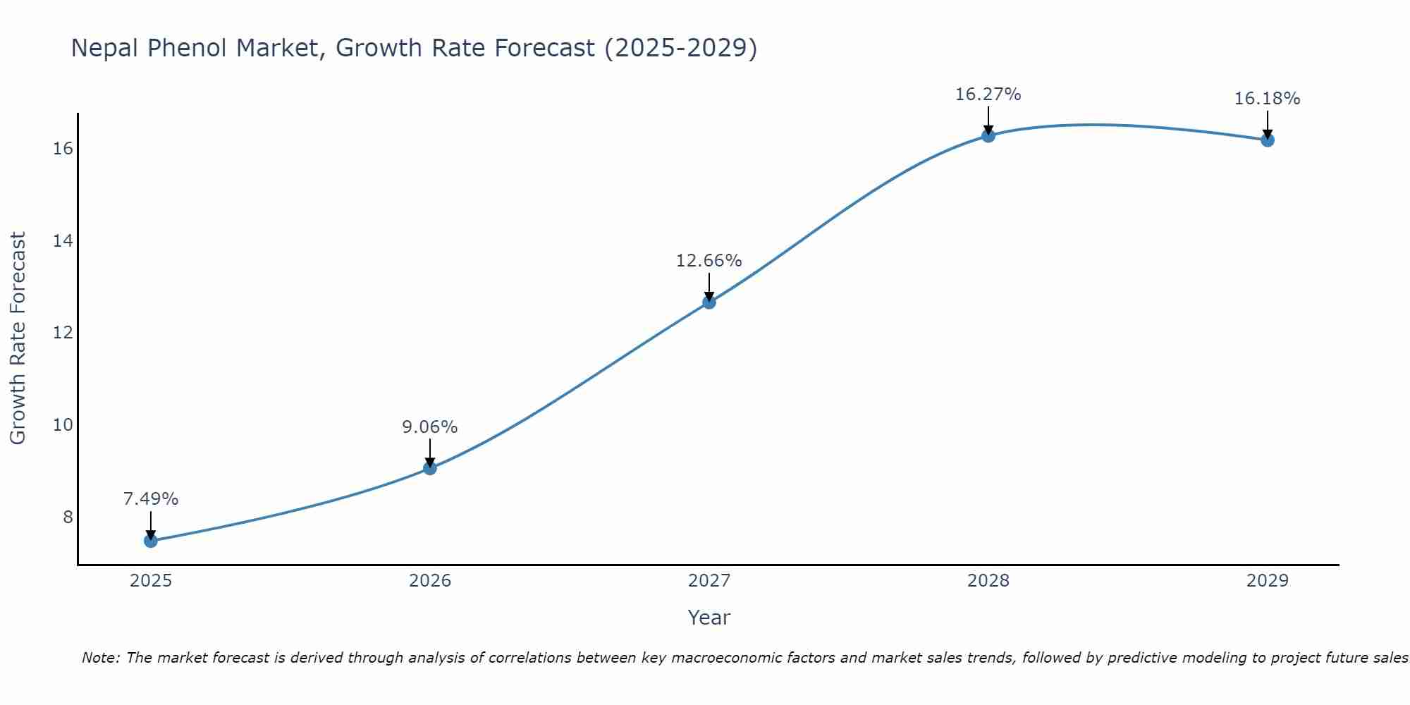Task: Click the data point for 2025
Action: pyautogui.click(x=151, y=541)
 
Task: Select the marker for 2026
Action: pyautogui.click(x=430, y=468)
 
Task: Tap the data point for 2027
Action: pyautogui.click(x=709, y=302)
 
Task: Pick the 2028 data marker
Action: pyautogui.click(x=988, y=136)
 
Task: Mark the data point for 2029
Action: pyautogui.click(x=1268, y=140)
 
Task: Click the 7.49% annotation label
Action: pyautogui.click(x=151, y=499)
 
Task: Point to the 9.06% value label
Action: pyautogui.click(x=430, y=427)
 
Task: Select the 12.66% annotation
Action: pyautogui.click(x=709, y=261)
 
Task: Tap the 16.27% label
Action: pyautogui.click(x=988, y=94)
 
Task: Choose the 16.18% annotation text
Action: pyautogui.click(x=1268, y=99)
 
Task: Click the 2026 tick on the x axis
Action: pyautogui.click(x=430, y=581)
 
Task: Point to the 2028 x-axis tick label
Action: pyautogui.click(x=988, y=581)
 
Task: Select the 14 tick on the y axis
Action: pyautogui.click(x=63, y=241)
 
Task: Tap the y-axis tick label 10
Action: pyautogui.click(x=63, y=425)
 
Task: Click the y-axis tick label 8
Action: pyautogui.click(x=68, y=517)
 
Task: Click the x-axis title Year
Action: pyautogui.click(x=709, y=618)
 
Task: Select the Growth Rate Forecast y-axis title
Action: pyautogui.click(x=18, y=338)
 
